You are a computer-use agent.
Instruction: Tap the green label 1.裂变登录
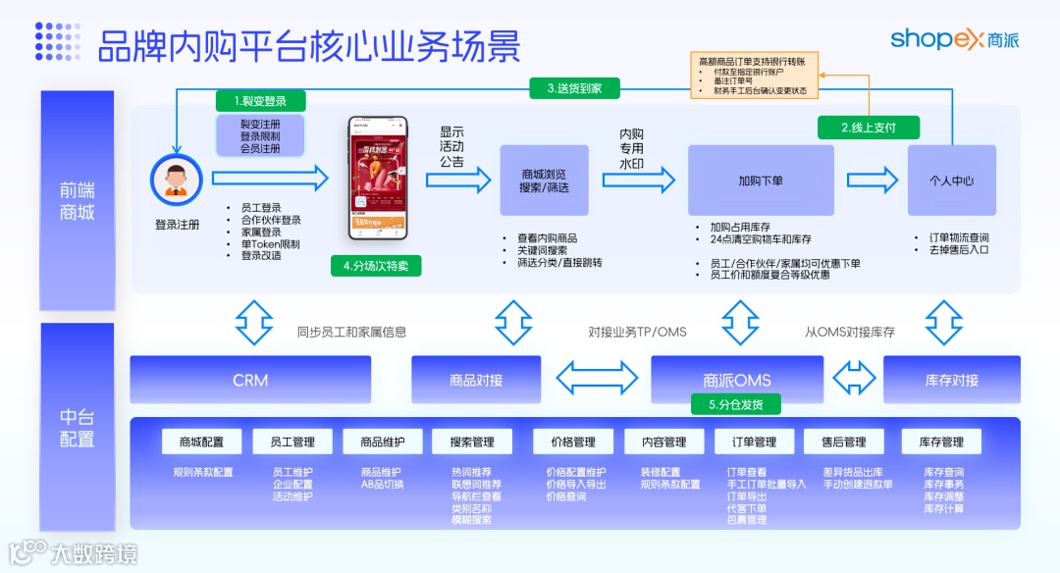pos(260,101)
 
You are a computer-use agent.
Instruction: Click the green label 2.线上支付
pos(868,127)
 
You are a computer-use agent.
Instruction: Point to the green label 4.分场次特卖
pos(376,266)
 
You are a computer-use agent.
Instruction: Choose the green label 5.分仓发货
pos(737,404)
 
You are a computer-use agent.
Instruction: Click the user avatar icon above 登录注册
pos(176,181)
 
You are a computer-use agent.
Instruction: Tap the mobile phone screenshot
pos(377,178)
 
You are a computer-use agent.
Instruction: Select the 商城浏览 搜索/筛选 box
pos(545,181)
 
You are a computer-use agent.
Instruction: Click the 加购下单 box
pos(761,181)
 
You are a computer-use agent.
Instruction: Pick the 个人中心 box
pos(951,181)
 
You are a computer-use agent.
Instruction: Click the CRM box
pos(250,380)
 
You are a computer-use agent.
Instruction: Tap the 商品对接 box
pos(475,380)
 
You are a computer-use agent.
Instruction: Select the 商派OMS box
pos(737,379)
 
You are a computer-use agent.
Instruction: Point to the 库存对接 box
pos(951,380)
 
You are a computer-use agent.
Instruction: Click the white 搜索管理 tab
pos(471,442)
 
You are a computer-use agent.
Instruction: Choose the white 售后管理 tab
pos(843,442)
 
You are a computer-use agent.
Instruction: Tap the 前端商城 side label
pos(78,201)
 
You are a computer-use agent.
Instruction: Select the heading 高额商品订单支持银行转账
pos(752,62)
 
